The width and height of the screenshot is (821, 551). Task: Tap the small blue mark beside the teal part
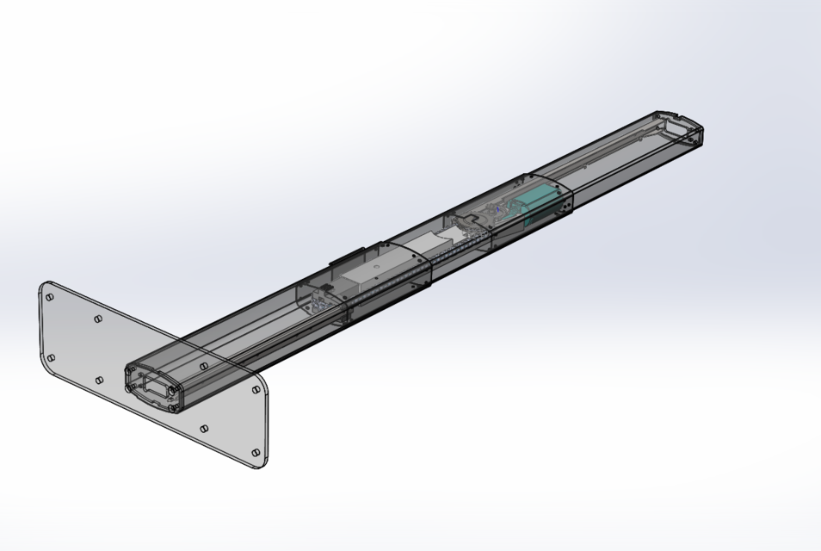coord(498,209)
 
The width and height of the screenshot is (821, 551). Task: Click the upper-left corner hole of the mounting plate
coord(50,297)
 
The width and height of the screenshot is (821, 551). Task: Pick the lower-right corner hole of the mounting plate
coord(256,453)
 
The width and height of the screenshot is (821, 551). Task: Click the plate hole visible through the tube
coord(202,367)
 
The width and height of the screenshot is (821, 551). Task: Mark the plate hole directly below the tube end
coord(204,428)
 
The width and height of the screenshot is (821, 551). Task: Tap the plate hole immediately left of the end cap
coord(100,380)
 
